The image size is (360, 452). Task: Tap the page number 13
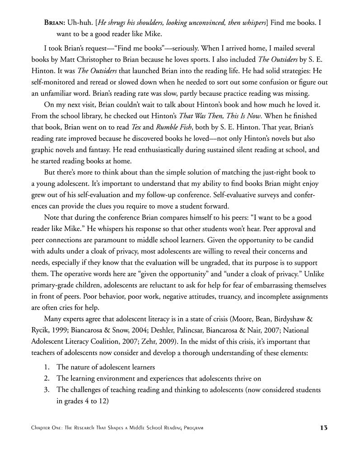(x=323, y=428)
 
